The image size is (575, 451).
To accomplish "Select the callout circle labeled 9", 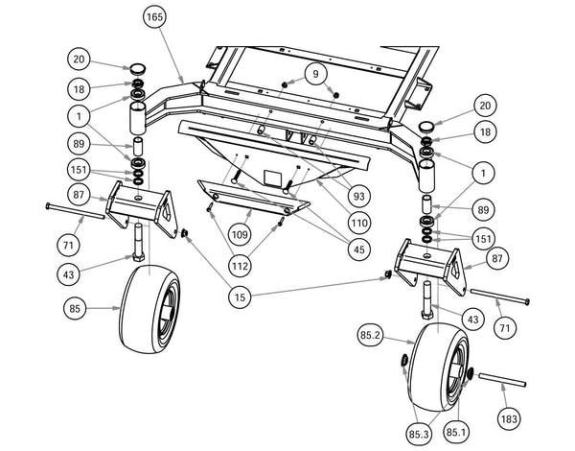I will coord(312,73).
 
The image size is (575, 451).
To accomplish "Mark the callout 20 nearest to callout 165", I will coord(80,59).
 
